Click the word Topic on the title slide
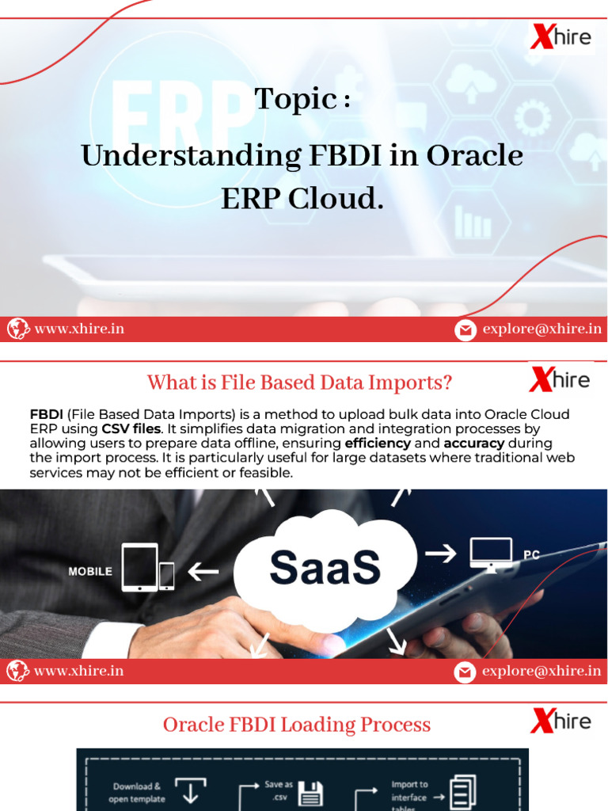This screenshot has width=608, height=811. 294,99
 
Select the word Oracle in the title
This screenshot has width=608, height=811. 475,155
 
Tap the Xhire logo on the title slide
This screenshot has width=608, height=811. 560,37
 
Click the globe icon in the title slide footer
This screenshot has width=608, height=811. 18,329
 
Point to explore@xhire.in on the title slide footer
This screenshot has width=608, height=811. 541,329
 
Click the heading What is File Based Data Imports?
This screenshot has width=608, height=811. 299,383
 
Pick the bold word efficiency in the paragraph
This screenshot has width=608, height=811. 378,443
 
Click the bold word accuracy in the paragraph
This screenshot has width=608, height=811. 473,443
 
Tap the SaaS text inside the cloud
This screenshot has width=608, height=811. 325,567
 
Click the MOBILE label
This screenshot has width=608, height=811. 90,571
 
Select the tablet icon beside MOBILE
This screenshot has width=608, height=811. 139,567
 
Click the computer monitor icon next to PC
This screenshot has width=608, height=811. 490,554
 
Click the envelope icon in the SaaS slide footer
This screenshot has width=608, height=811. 465,672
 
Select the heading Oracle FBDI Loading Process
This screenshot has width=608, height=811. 297,725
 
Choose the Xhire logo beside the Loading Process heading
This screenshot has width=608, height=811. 560,722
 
